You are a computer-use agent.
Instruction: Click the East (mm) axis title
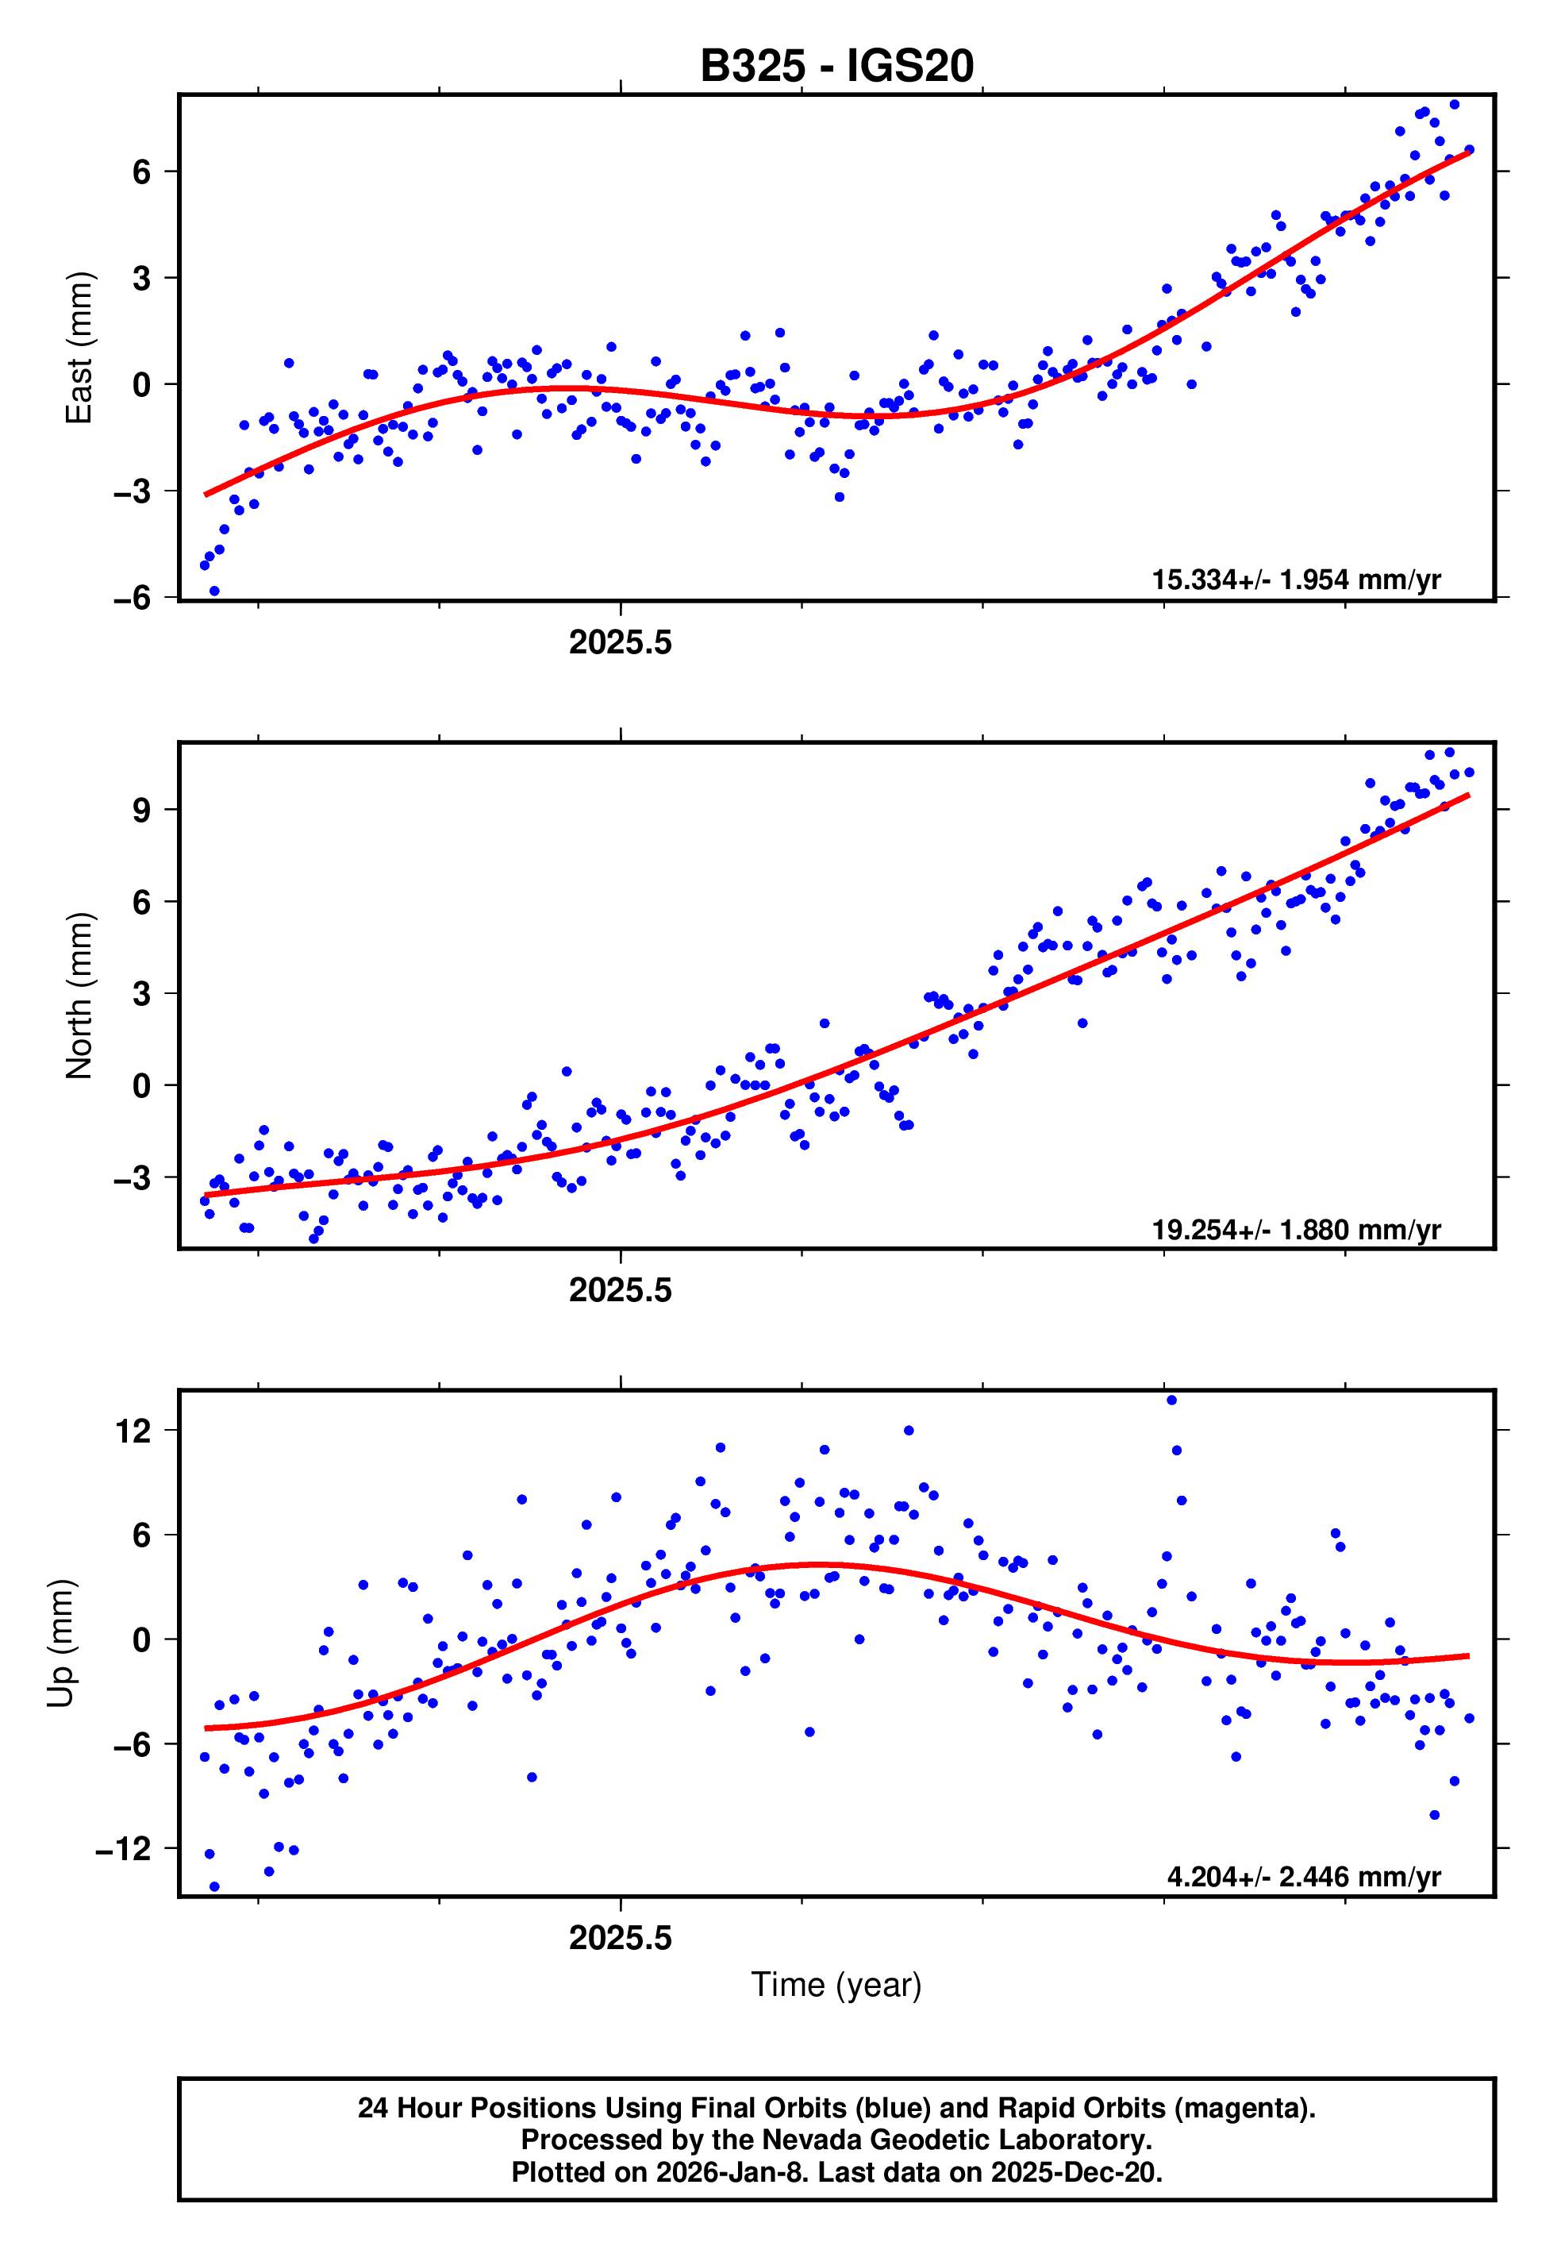click(79, 348)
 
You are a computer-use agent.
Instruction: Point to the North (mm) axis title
click(79, 996)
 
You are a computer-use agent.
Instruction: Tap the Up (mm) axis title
click(60, 1642)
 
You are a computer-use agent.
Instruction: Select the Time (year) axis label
click(836, 1985)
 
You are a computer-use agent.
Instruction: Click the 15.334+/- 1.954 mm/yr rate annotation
click(1296, 580)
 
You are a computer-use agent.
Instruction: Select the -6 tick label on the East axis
click(133, 597)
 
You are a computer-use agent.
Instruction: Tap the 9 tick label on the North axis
click(142, 810)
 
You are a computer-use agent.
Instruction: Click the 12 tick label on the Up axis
click(133, 1431)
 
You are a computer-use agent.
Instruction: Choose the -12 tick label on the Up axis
click(124, 1848)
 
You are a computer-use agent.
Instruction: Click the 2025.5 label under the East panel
click(621, 642)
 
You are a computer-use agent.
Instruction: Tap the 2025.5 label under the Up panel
click(621, 1938)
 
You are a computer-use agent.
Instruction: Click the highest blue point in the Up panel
click(1171, 1400)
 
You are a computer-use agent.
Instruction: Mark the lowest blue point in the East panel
click(214, 591)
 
